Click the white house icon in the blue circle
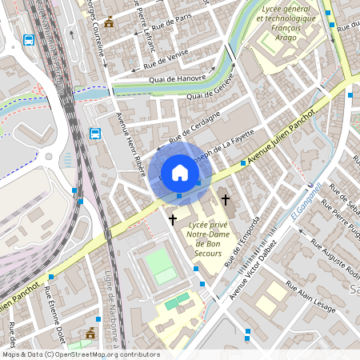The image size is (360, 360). click(180, 172)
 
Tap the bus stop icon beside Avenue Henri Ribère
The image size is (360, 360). click(95, 134)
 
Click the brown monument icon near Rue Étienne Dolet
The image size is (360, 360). click(90, 332)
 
